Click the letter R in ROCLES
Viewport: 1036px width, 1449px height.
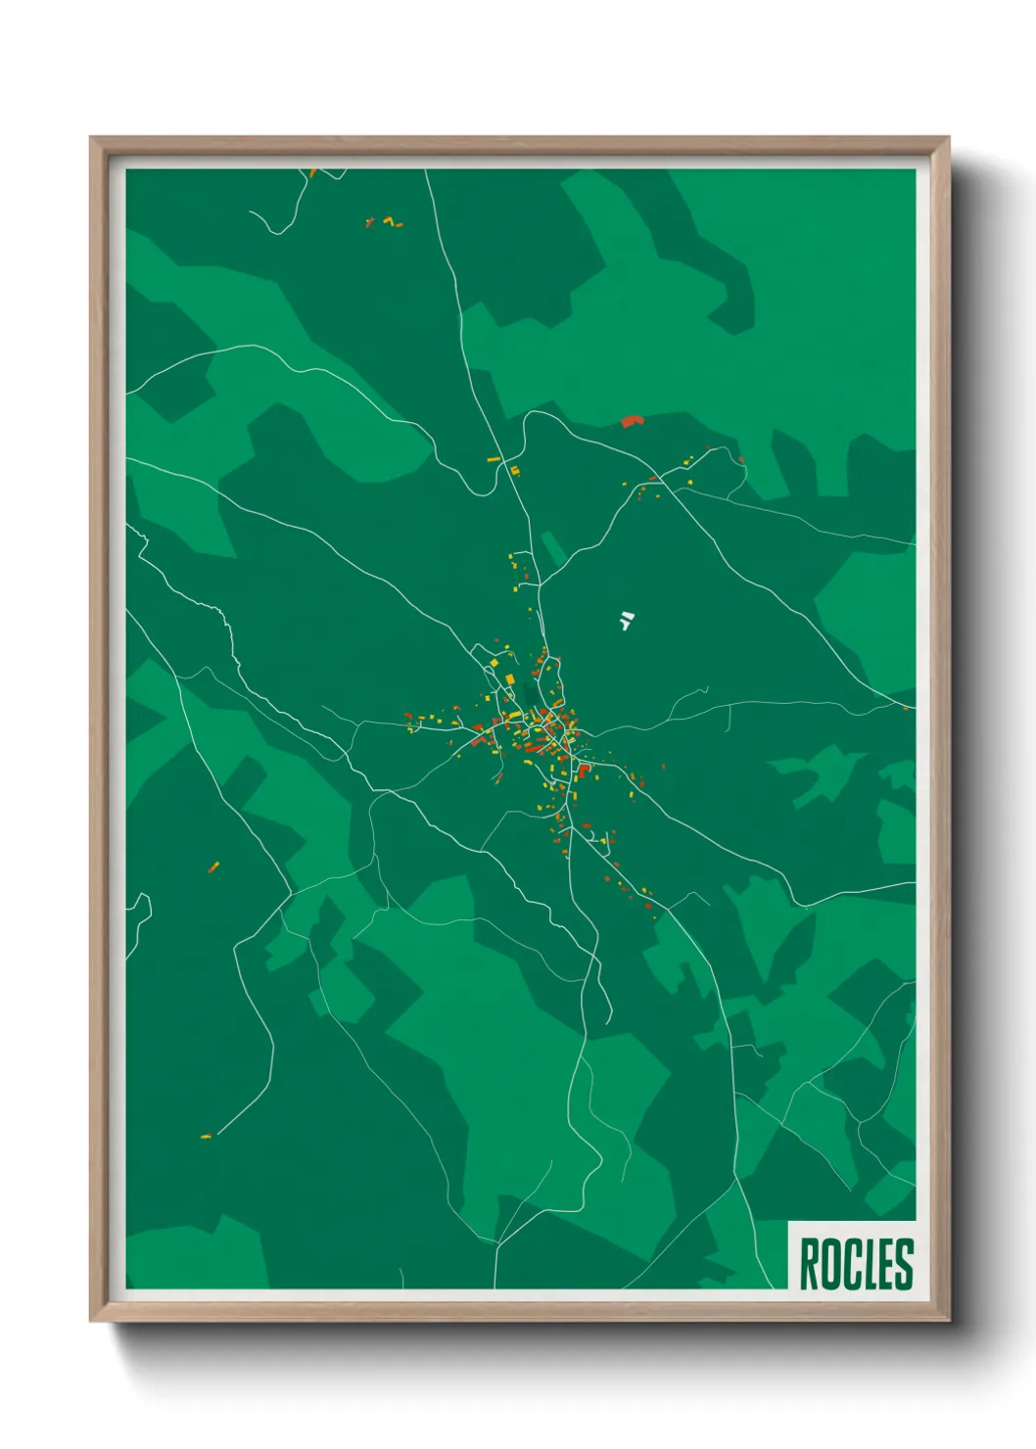click(810, 1264)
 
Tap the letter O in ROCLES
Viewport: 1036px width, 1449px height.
click(830, 1264)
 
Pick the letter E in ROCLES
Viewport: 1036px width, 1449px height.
click(884, 1264)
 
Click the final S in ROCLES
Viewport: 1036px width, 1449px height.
click(903, 1264)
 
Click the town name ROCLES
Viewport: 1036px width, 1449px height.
click(856, 1264)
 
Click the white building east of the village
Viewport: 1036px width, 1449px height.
click(626, 620)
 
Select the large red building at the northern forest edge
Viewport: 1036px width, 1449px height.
click(632, 421)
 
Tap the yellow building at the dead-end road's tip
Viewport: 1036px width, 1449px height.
click(206, 1136)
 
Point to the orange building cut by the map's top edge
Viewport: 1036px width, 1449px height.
click(312, 173)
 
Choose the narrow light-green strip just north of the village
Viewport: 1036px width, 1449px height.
click(552, 548)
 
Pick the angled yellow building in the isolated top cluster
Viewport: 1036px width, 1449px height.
click(389, 219)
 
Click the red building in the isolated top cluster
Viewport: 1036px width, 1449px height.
click(369, 223)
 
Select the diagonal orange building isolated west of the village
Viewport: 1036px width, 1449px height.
click(213, 866)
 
